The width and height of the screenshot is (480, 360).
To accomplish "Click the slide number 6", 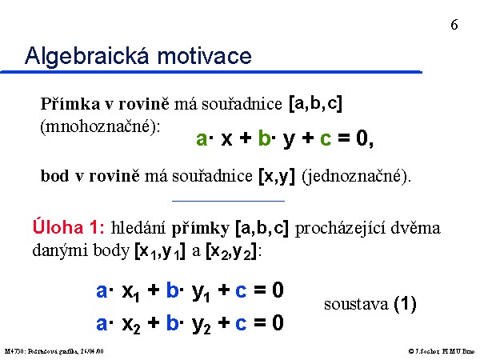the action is point(454,25).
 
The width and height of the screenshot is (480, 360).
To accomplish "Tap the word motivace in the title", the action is point(204,56).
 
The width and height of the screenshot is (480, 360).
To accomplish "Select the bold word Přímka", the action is point(70,103).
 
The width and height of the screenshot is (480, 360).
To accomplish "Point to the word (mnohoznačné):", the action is point(101,126).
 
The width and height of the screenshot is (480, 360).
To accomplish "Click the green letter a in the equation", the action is point(202,138).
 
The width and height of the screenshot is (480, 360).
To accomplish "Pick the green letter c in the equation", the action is point(326,138).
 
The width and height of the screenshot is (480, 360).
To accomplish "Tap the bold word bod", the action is point(54,176).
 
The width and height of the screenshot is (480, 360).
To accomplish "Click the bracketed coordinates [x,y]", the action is point(277,177).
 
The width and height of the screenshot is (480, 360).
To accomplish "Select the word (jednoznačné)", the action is point(356,177).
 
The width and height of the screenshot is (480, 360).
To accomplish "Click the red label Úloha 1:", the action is point(69,227).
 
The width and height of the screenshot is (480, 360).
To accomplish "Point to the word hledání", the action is point(138,228).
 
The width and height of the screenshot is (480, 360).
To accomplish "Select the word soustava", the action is point(356,305).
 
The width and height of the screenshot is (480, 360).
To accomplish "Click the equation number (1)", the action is point(405,305).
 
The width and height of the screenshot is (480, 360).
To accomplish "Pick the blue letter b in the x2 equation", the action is point(172,323).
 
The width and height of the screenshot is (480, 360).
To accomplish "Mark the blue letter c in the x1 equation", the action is point(241,291).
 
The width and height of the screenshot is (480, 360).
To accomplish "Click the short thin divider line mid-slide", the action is point(228,201).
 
